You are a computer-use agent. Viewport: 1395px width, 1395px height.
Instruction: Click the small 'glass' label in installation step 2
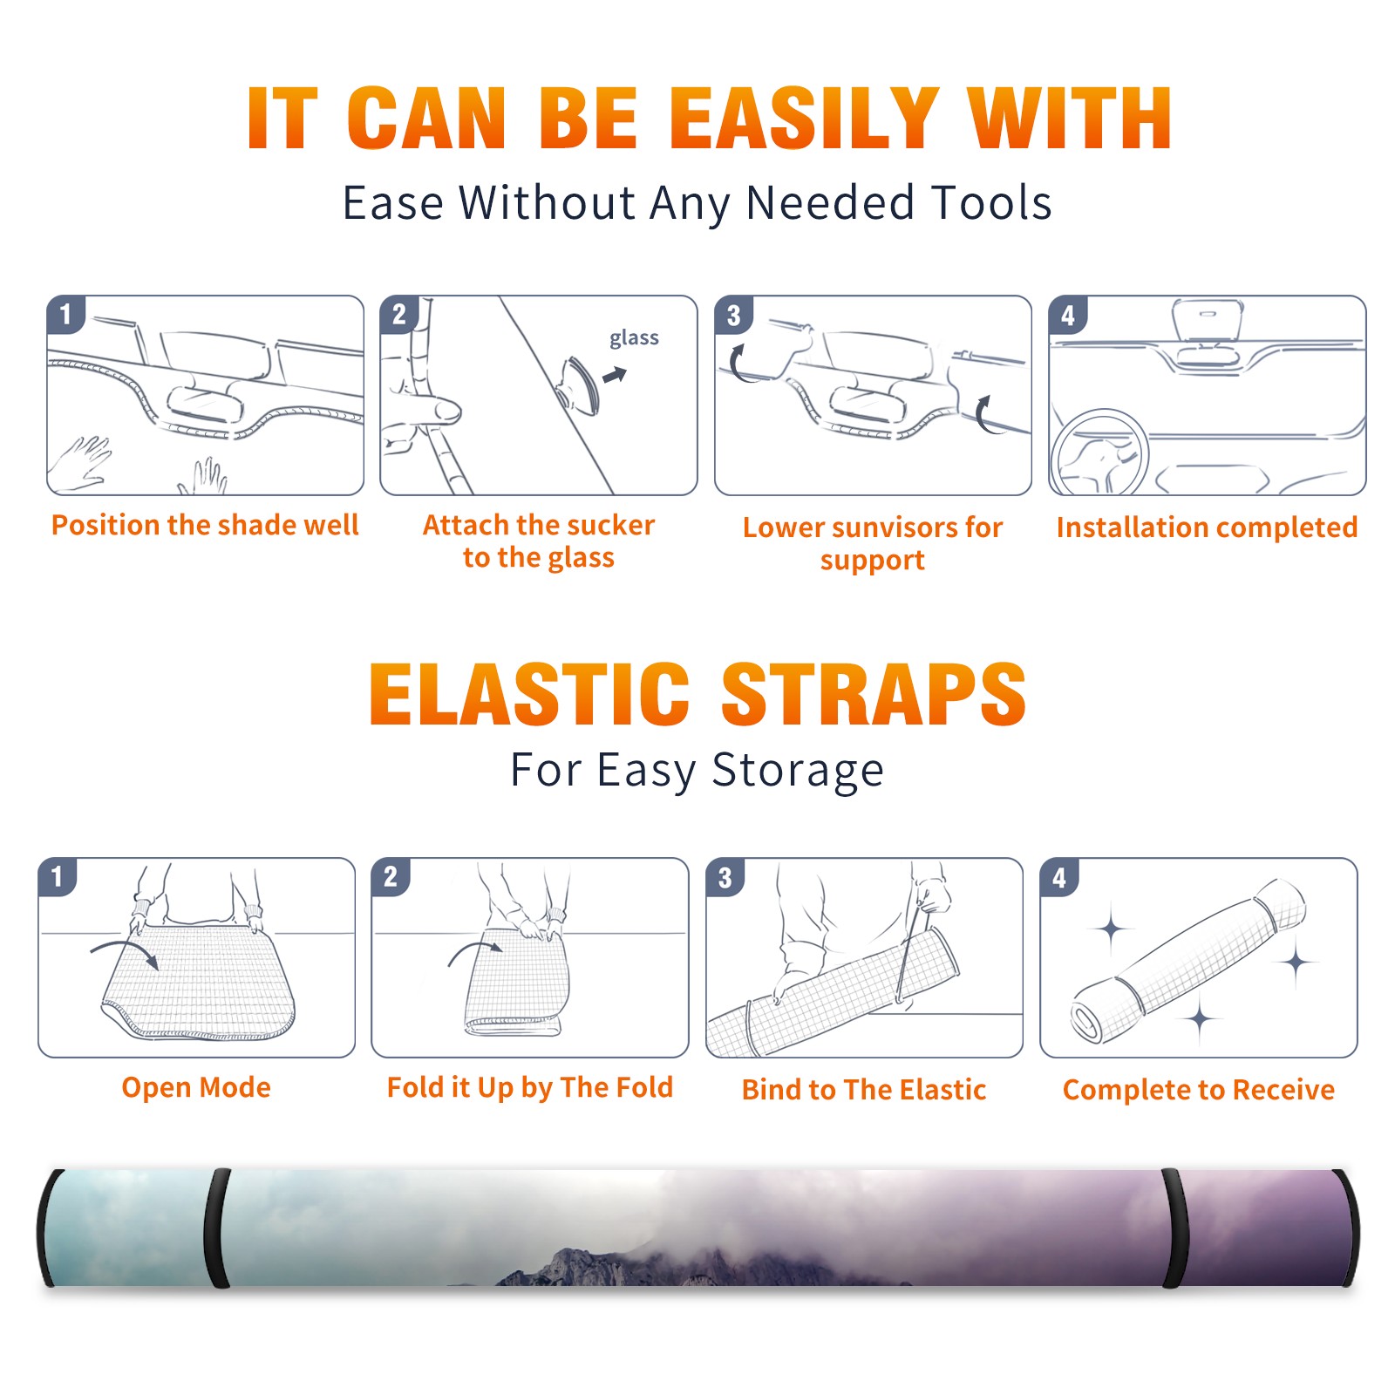coord(634,338)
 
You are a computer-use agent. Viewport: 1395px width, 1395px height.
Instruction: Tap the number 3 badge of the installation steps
coord(734,316)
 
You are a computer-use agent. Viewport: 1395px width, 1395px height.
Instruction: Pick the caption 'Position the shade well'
coord(205,525)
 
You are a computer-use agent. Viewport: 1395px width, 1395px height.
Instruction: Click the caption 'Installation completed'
coord(1207,527)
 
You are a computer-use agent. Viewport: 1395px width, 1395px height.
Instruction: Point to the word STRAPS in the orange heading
coord(874,694)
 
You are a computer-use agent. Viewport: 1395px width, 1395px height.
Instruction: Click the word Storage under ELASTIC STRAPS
coord(798,772)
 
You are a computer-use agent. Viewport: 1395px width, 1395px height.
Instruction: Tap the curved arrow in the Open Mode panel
coord(125,951)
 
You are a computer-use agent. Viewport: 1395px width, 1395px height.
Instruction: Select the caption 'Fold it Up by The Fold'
coord(530,1088)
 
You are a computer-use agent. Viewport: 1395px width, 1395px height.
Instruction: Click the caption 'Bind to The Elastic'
coord(864,1090)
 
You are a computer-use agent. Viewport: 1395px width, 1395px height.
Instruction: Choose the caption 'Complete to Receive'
coord(1199,1090)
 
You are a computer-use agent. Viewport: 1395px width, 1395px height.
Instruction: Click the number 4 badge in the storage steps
coord(1059,878)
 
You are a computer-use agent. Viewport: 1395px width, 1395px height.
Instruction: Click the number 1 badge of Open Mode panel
coord(58,877)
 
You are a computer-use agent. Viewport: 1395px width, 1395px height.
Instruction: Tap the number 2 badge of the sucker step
coord(399,315)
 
